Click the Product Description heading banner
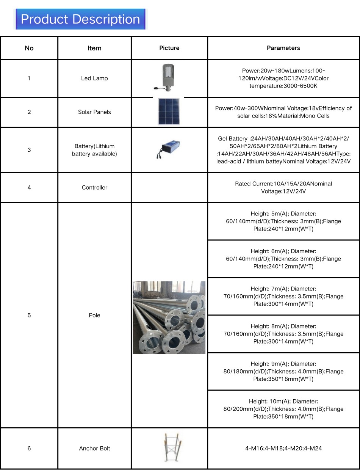pyautogui.click(x=80, y=19)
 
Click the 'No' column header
pyautogui.click(x=29, y=48)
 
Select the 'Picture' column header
pyautogui.click(x=169, y=48)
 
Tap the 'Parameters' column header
pyautogui.click(x=283, y=48)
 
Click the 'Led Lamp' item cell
pyautogui.click(x=94, y=78)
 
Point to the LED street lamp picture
pyautogui.click(x=167, y=77)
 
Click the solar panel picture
pyautogui.click(x=169, y=112)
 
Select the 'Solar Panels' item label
pyautogui.click(x=94, y=112)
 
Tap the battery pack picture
pyautogui.click(x=169, y=149)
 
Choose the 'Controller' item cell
pyautogui.click(x=94, y=187)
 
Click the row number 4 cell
pyautogui.click(x=29, y=187)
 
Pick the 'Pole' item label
pyautogui.click(x=94, y=315)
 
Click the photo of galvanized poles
pyautogui.click(x=169, y=317)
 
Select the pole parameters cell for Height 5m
pyautogui.click(x=283, y=221)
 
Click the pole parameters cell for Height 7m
pyautogui.click(x=283, y=297)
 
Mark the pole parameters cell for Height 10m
pyautogui.click(x=283, y=409)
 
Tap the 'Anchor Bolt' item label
pyautogui.click(x=94, y=449)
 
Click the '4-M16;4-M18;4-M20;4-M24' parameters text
pyautogui.click(x=283, y=449)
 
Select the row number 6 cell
pyautogui.click(x=29, y=449)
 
